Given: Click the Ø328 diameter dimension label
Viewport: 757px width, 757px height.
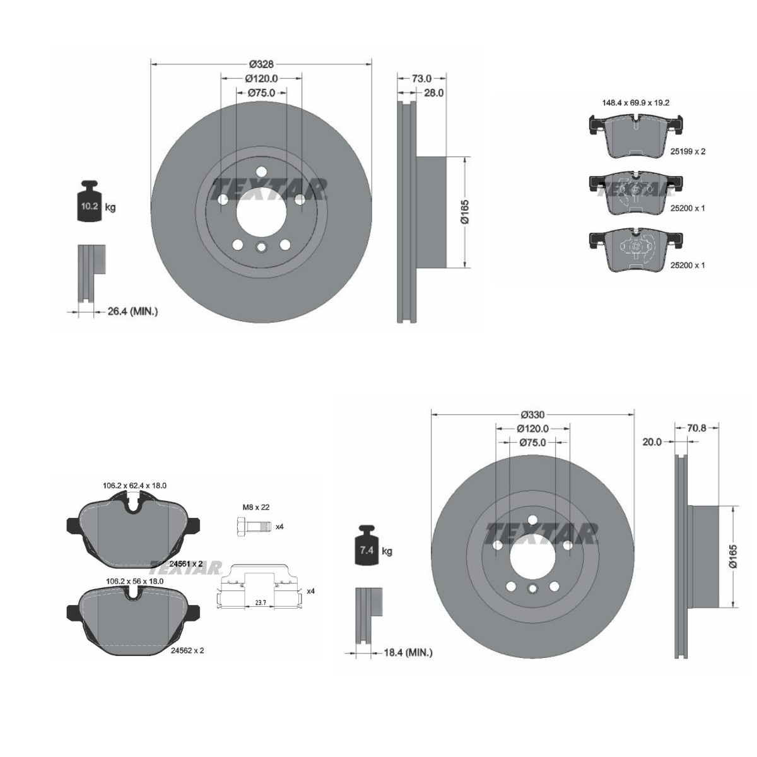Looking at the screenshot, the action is click(261, 64).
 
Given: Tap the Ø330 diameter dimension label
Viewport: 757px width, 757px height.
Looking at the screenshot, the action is click(532, 414).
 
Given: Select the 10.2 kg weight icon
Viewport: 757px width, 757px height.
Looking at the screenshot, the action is click(90, 201).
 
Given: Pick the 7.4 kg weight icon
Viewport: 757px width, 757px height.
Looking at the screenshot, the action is click(367, 545).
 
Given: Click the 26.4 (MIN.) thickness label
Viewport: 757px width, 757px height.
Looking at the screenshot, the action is click(132, 312).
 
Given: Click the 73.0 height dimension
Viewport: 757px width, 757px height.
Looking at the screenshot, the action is click(421, 79).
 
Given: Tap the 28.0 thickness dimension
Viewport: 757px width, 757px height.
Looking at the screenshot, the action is click(434, 93).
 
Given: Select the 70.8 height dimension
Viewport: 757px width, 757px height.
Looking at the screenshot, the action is click(696, 428).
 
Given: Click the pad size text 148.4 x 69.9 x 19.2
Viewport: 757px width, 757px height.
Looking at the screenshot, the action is click(636, 103).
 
